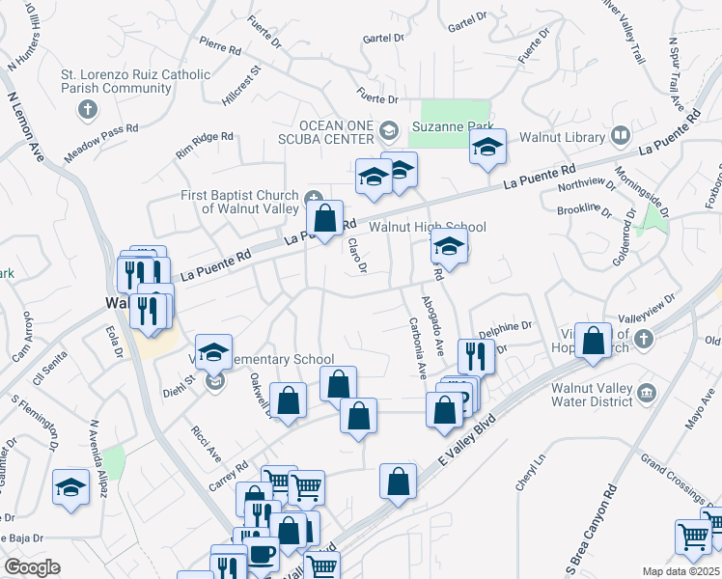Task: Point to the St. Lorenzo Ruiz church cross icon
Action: [87, 107]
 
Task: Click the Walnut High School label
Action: [428, 227]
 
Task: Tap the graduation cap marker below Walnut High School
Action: [449, 247]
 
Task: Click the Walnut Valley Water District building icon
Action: [646, 392]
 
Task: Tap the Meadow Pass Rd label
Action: [101, 142]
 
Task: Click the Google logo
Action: [32, 567]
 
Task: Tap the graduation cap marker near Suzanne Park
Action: [487, 148]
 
